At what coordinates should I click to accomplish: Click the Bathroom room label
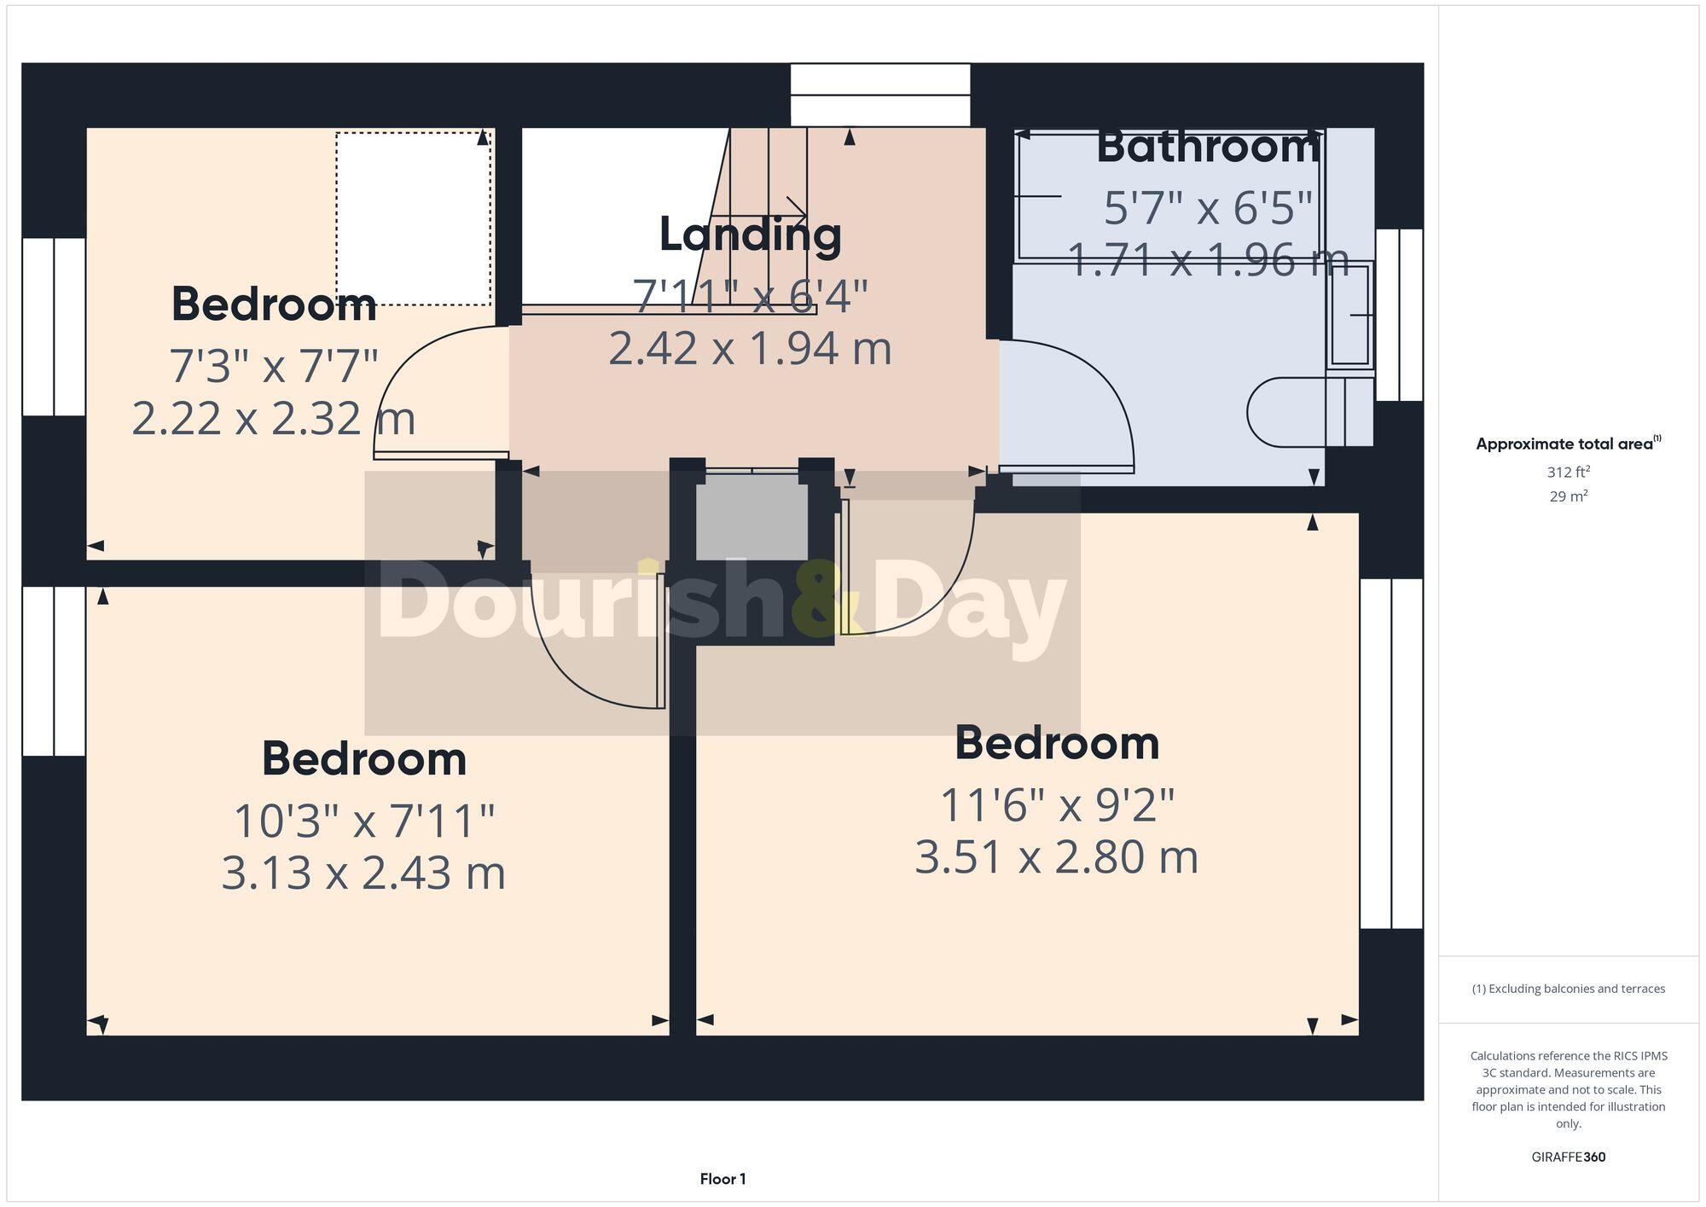[x=1208, y=148]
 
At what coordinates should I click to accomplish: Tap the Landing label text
[x=750, y=235]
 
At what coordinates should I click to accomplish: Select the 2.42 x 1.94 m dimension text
[x=750, y=348]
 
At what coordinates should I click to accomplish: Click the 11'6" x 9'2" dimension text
[x=1057, y=804]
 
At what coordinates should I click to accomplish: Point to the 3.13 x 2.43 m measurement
[x=363, y=873]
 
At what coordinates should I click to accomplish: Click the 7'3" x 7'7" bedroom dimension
[x=273, y=366]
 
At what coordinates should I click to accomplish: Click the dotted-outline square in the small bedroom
[x=413, y=218]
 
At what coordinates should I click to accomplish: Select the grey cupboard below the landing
[x=751, y=517]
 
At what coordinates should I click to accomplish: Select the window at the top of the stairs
[x=879, y=95]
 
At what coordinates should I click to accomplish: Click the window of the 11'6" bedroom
[x=1390, y=753]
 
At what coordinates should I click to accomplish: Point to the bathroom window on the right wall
[x=1399, y=315]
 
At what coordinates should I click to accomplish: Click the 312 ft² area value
[x=1568, y=472]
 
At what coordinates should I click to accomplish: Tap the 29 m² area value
[x=1568, y=496]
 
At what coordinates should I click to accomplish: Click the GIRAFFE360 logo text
[x=1568, y=1158]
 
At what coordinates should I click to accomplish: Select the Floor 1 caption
[x=722, y=1179]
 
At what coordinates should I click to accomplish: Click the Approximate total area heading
[x=1566, y=444]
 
